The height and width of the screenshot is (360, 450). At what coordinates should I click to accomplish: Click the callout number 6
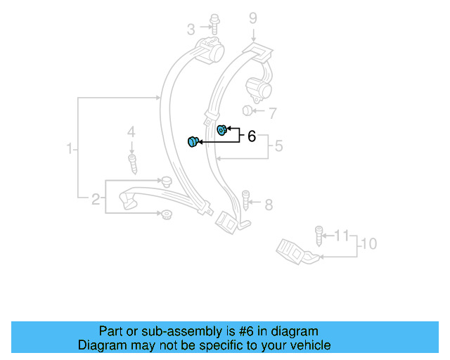pyautogui.click(x=251, y=136)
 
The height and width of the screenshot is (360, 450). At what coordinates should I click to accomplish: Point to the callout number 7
pyautogui.click(x=273, y=112)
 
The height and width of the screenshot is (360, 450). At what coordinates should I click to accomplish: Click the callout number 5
pyautogui.click(x=278, y=146)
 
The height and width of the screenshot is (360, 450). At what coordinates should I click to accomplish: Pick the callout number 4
pyautogui.click(x=131, y=132)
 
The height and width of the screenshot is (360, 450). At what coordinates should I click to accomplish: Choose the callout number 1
pyautogui.click(x=70, y=149)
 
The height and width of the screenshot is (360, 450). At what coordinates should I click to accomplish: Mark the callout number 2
pyautogui.click(x=96, y=199)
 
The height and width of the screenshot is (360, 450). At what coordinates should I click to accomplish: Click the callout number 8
pyautogui.click(x=268, y=205)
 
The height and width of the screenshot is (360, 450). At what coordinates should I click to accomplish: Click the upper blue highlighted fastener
pyautogui.click(x=221, y=129)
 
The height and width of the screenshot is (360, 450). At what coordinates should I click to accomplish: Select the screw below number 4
pyautogui.click(x=131, y=165)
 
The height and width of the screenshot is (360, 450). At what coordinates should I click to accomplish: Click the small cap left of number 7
pyautogui.click(x=247, y=111)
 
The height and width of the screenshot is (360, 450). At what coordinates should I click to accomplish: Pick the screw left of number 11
pyautogui.click(x=319, y=234)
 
